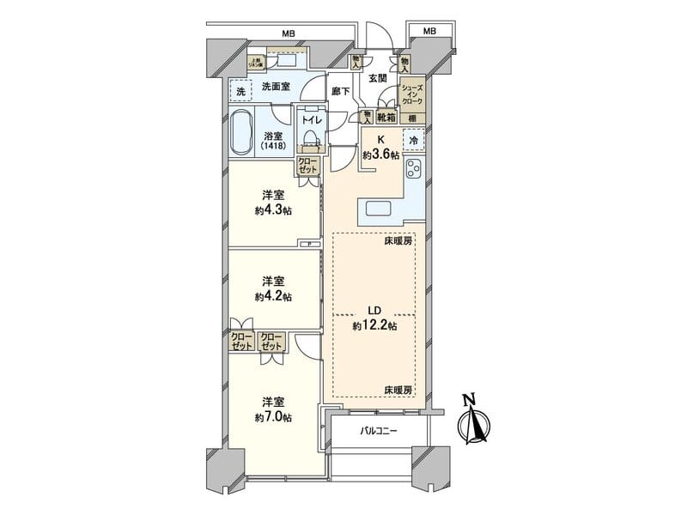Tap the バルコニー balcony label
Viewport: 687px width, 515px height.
[377, 430]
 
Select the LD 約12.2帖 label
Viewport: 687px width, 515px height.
[374, 318]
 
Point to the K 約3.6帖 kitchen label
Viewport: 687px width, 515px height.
[380, 147]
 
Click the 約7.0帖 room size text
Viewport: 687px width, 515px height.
[273, 417]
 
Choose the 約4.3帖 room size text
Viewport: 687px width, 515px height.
[273, 210]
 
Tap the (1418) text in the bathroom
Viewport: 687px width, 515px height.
[273, 147]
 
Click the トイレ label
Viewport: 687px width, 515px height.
[311, 120]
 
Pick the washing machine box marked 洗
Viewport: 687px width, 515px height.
[240, 90]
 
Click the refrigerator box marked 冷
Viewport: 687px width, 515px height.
[414, 140]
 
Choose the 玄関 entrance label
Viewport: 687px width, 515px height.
[377, 78]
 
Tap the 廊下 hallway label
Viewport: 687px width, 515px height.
[340, 91]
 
